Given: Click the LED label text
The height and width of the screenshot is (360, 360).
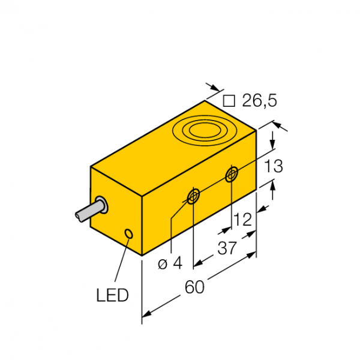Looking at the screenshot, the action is point(112,295).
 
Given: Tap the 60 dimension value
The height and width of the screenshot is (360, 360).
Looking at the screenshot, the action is point(194,287).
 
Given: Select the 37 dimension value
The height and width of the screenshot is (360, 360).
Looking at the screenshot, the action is point(227,248).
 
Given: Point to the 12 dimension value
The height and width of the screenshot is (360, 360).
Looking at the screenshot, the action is point(243,220).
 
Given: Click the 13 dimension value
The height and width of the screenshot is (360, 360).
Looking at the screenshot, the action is point(274,166).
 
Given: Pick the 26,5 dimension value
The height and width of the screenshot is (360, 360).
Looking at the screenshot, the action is point(260,100).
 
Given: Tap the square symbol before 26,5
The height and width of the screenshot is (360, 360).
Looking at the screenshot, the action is point(229,101).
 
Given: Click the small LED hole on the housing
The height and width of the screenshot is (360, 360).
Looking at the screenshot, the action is point(128,234).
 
